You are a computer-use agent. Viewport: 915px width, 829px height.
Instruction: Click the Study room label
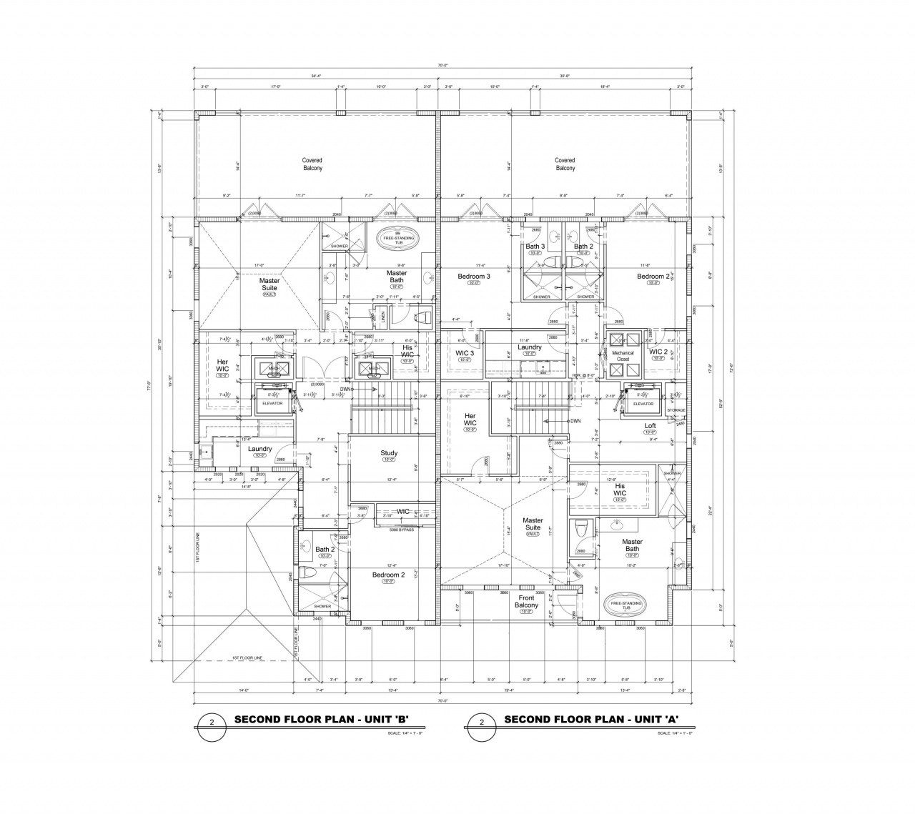pos(389,453)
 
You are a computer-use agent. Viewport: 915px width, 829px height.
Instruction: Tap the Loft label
pos(650,426)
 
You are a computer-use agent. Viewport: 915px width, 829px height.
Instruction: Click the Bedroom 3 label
pos(473,277)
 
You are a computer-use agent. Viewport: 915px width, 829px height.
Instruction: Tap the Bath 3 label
pos(535,247)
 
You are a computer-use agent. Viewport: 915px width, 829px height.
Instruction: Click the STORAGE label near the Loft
pos(676,410)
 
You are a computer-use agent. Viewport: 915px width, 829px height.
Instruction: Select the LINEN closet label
pos(382,314)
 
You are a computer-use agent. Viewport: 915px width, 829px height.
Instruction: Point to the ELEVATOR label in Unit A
pos(643,403)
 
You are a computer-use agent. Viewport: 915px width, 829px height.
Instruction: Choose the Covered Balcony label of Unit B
pos(312,164)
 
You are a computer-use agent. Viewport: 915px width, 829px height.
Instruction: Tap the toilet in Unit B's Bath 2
pos(305,574)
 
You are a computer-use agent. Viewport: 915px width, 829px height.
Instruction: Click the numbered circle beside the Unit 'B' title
pos(212,723)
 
